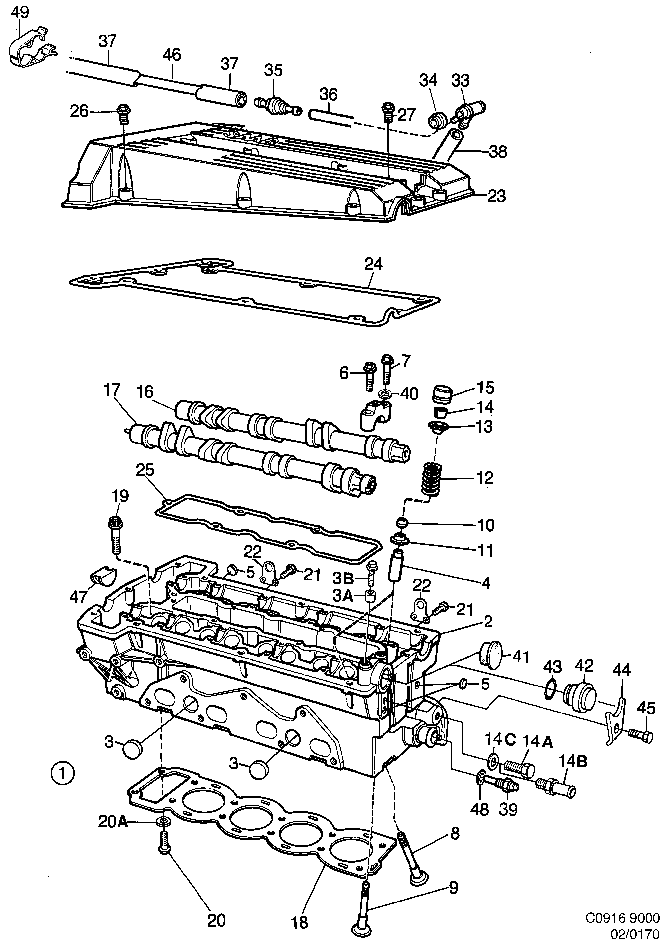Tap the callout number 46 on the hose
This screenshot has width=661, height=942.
(x=172, y=55)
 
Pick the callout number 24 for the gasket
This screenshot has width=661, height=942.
(x=373, y=264)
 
